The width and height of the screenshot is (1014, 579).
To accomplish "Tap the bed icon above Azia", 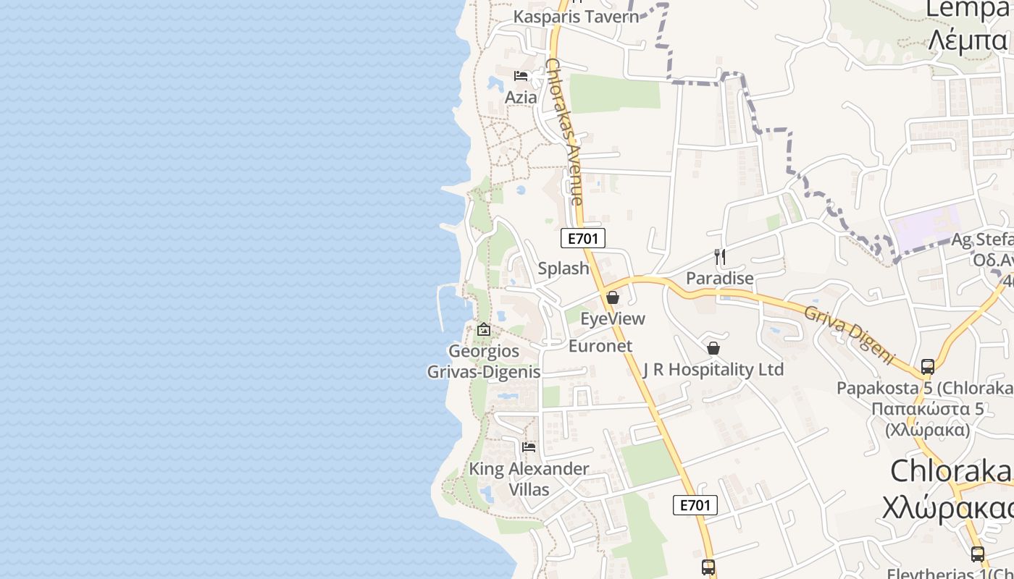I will pyautogui.click(x=521, y=76).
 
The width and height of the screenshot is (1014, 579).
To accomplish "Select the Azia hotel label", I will pyautogui.click(x=521, y=97).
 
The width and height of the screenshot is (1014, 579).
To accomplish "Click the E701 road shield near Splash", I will pyautogui.click(x=582, y=238).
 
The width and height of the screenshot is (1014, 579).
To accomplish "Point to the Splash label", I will pyautogui.click(x=563, y=269).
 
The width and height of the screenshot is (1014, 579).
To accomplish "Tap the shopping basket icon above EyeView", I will pyautogui.click(x=613, y=297).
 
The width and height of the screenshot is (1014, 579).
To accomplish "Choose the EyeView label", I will pyautogui.click(x=613, y=318).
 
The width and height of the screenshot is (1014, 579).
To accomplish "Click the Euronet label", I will pyautogui.click(x=600, y=346).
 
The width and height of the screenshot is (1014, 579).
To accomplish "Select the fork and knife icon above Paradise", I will pyautogui.click(x=720, y=257).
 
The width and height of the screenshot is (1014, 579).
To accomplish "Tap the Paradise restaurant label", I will pyautogui.click(x=720, y=278).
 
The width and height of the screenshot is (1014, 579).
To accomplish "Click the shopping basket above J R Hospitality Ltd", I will pyautogui.click(x=713, y=348).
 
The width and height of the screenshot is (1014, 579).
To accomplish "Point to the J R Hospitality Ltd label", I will pyautogui.click(x=713, y=370).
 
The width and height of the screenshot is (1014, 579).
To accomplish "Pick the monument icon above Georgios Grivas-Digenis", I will pyautogui.click(x=484, y=330).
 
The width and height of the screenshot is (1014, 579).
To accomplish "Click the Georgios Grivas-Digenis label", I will pyautogui.click(x=484, y=361).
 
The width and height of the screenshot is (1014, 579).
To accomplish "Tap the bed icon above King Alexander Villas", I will pyautogui.click(x=529, y=447).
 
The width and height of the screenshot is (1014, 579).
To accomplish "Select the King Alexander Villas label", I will pyautogui.click(x=529, y=478).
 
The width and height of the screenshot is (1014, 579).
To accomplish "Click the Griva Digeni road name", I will pyautogui.click(x=850, y=334).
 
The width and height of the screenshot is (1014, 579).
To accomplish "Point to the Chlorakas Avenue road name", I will pyautogui.click(x=565, y=130).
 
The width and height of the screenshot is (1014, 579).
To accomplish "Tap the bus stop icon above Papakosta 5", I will pyautogui.click(x=928, y=367).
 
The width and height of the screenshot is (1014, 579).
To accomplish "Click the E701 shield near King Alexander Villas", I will pyautogui.click(x=695, y=505).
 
